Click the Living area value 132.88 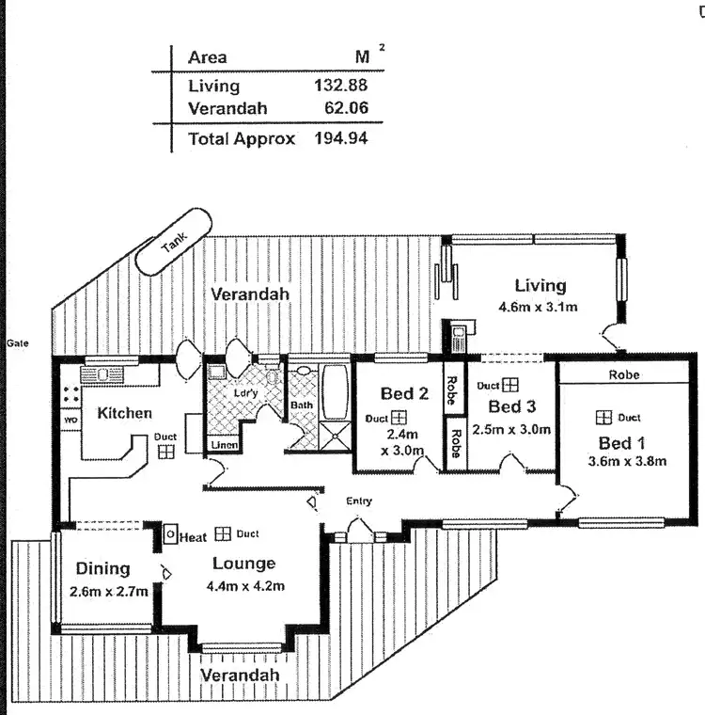(x=339, y=86)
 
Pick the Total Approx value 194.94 (x=339, y=138)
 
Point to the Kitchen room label (x=125, y=413)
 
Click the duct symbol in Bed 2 (x=399, y=418)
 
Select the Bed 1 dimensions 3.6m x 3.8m (x=626, y=461)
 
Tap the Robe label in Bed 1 (x=623, y=374)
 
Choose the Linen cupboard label (x=224, y=444)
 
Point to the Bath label (x=302, y=405)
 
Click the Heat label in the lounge (x=193, y=536)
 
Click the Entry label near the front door (x=358, y=501)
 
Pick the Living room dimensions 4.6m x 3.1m (x=536, y=307)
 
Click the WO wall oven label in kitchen (x=70, y=420)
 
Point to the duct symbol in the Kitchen (x=165, y=452)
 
